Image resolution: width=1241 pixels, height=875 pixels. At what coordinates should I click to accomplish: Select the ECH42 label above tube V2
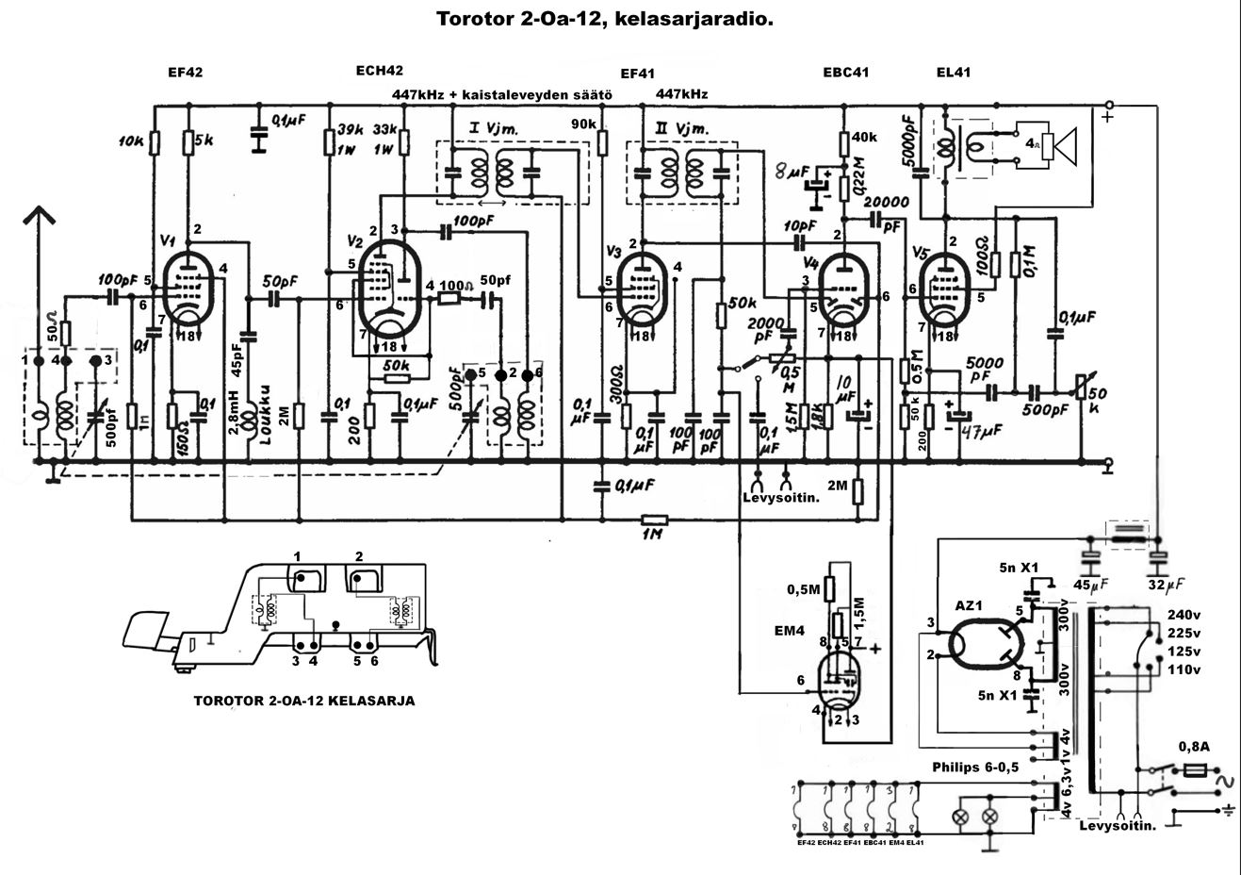tap(380, 70)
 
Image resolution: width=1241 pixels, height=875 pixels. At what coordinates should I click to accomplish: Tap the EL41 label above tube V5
tap(954, 73)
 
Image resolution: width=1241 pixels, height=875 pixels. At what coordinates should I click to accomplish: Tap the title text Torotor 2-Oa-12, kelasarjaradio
tap(605, 18)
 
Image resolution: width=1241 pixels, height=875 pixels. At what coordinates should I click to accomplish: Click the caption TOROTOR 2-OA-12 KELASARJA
tap(303, 701)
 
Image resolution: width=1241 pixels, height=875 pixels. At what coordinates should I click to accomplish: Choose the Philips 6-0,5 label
tap(975, 767)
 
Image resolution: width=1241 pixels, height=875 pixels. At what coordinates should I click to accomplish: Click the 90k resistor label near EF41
tap(584, 124)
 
